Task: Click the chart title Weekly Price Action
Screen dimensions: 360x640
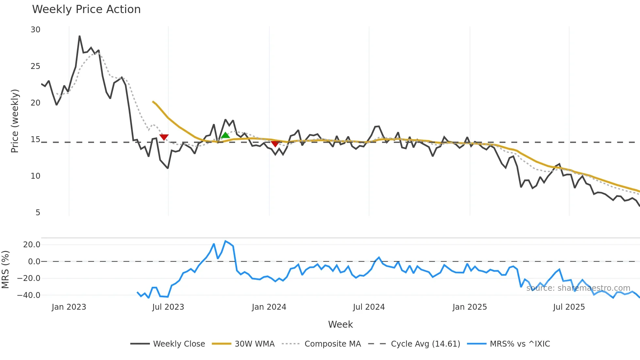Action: click(86, 9)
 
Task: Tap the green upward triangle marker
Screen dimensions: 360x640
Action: click(225, 135)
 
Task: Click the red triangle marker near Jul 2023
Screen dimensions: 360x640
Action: click(164, 137)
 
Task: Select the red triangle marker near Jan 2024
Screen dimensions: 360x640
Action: click(275, 144)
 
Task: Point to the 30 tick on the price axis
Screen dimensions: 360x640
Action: click(35, 30)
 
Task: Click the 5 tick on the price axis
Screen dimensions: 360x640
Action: click(38, 213)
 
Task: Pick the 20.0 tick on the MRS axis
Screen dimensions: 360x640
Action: click(32, 245)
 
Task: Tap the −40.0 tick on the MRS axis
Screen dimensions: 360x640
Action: click(29, 295)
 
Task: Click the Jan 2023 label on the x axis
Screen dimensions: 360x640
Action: click(69, 307)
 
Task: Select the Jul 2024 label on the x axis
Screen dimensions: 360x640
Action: click(369, 307)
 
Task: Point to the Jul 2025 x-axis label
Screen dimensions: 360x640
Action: click(569, 307)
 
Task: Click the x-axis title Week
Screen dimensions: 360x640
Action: click(340, 324)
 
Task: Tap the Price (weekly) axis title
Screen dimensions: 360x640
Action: click(15, 121)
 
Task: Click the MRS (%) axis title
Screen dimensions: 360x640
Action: click(6, 270)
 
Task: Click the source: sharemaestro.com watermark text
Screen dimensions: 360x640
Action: click(578, 288)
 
